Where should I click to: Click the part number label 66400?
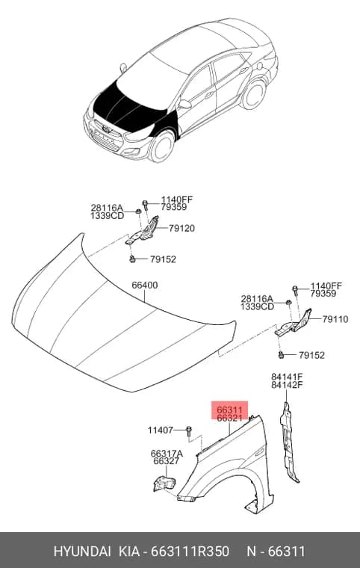tap(144, 285)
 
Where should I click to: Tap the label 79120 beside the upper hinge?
tap(181, 228)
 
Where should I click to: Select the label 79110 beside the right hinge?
tap(335, 319)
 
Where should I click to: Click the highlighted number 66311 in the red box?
tap(229, 410)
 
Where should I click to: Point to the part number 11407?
tap(161, 430)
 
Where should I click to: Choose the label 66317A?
tap(167, 454)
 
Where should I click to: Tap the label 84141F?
tap(288, 377)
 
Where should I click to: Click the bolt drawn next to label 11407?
tap(189, 431)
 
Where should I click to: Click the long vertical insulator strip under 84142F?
tap(288, 442)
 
